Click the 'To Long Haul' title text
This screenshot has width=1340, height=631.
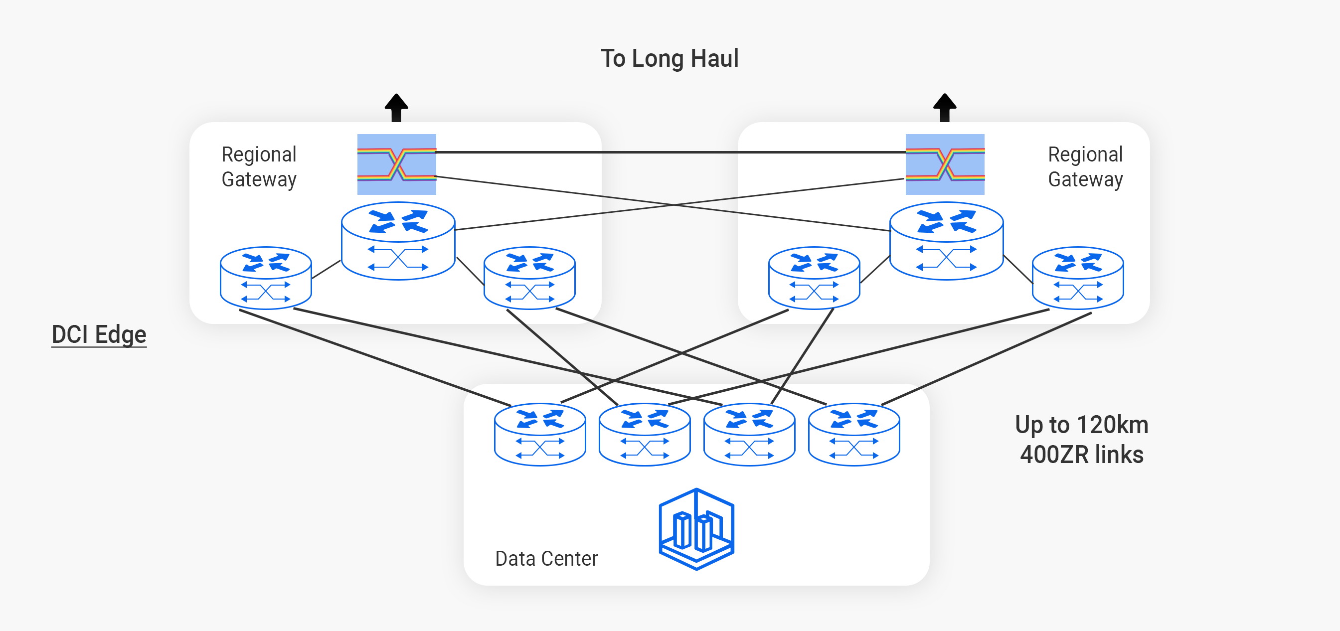click(670, 58)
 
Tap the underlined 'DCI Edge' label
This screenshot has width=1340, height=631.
click(99, 334)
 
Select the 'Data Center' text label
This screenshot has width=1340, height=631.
click(546, 558)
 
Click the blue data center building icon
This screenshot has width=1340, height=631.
click(696, 528)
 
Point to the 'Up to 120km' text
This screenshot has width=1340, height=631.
click(1081, 425)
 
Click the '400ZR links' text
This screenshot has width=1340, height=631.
click(1081, 454)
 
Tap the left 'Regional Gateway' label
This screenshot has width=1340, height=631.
click(259, 166)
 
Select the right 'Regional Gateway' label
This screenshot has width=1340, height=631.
click(1085, 166)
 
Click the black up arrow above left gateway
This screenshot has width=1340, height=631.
click(396, 107)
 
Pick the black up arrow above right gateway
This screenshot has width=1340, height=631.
click(945, 107)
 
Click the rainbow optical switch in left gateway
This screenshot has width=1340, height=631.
click(396, 164)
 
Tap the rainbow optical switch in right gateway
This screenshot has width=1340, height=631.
click(945, 164)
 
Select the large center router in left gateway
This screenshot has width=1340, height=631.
click(398, 241)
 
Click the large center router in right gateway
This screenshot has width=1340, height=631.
click(946, 241)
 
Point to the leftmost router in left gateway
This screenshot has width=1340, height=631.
click(266, 278)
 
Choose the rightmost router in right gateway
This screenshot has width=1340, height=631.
click(1078, 278)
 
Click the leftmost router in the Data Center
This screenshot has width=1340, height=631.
click(540, 434)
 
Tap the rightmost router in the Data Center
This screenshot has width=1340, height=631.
click(854, 434)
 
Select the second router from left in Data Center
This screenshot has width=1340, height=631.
click(645, 434)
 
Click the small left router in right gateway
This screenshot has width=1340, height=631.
click(814, 278)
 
